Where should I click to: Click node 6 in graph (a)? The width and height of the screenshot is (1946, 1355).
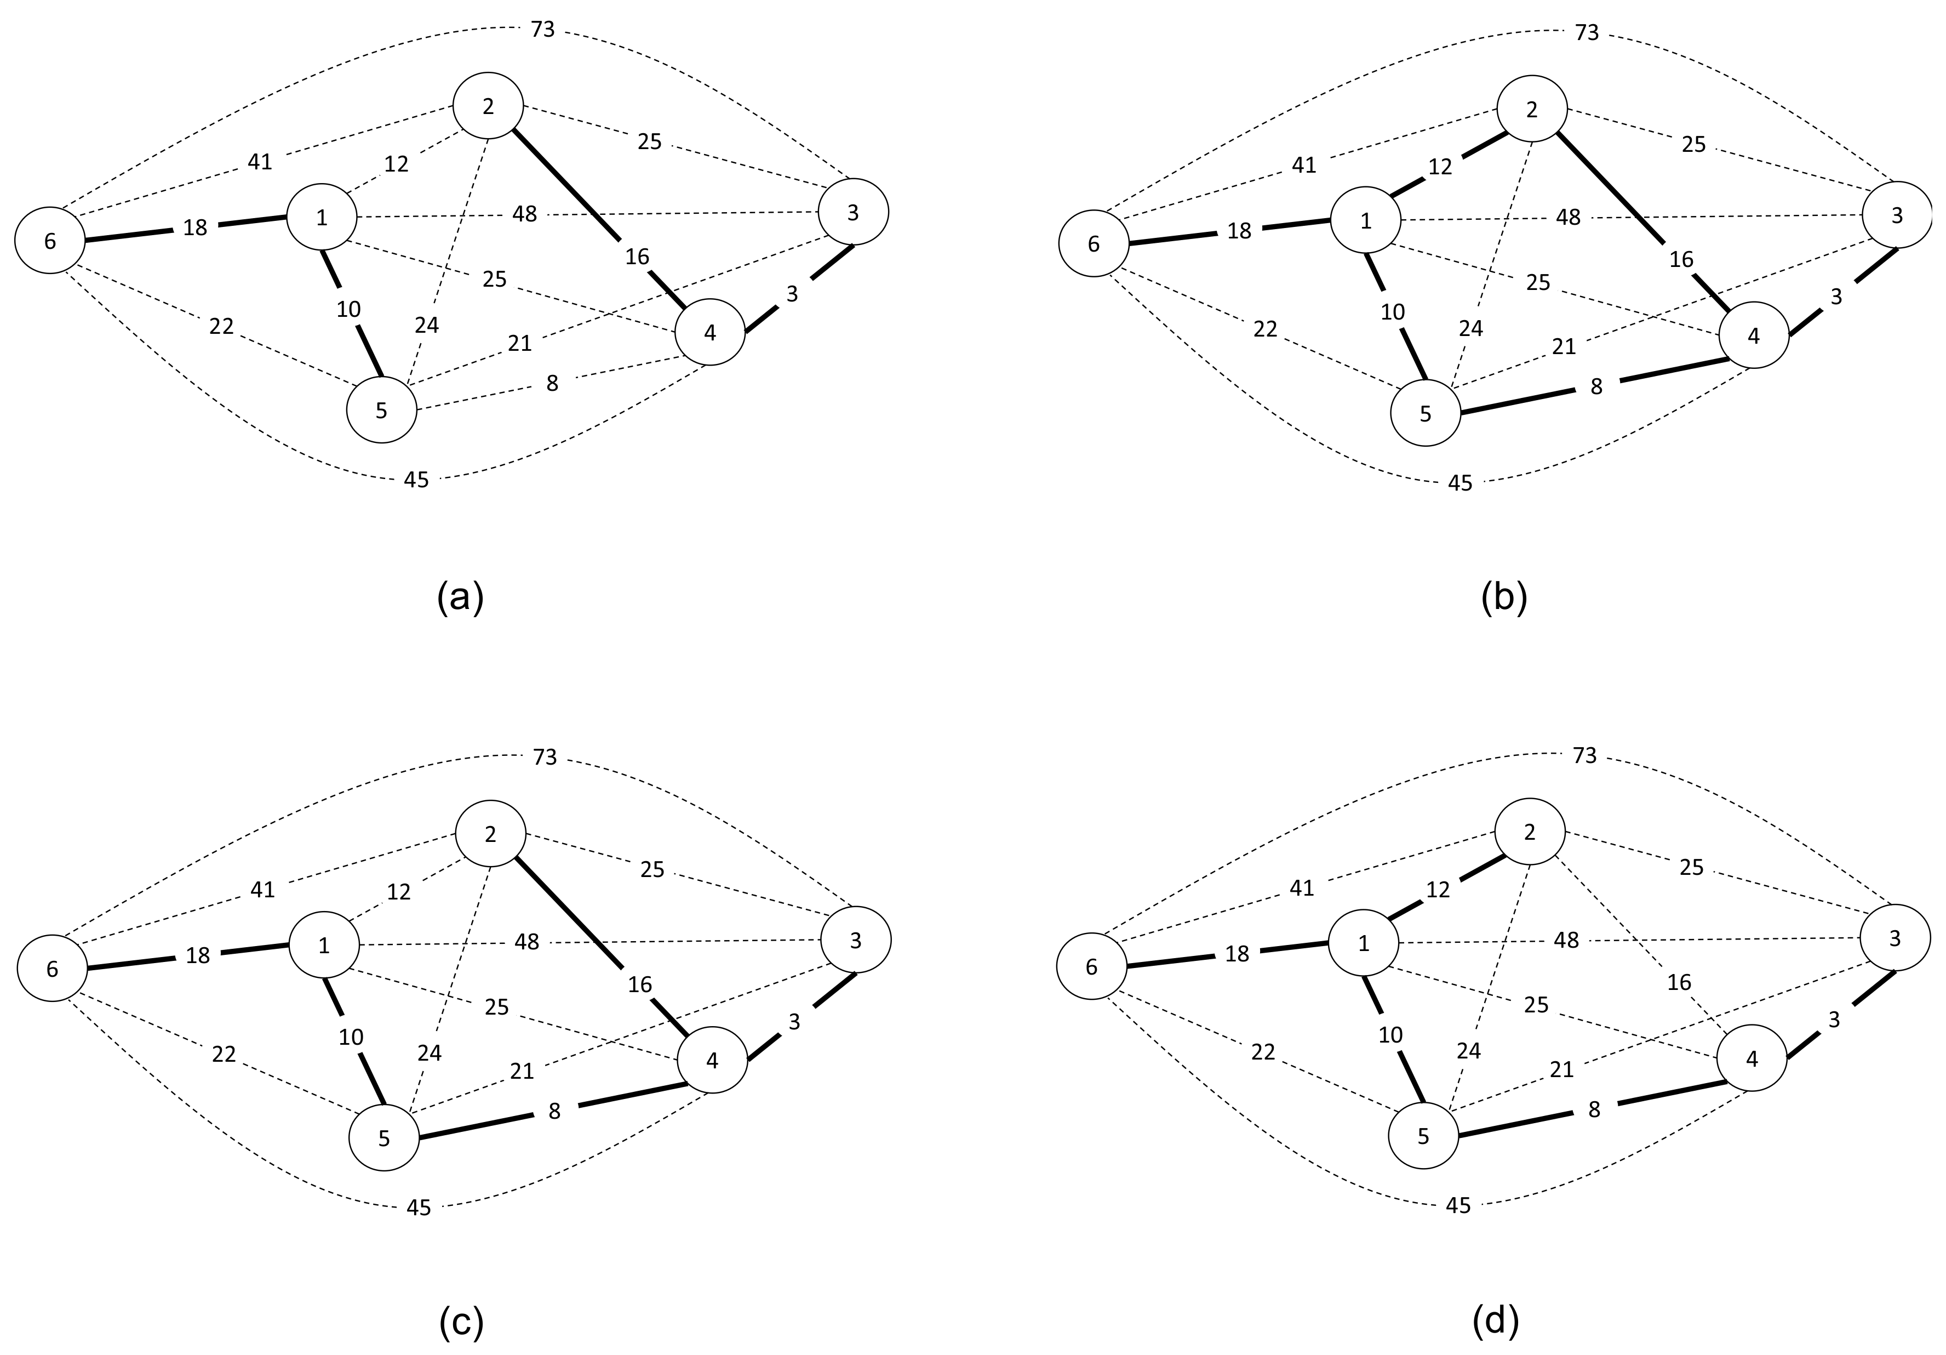(50, 241)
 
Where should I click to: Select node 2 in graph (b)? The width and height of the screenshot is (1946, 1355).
(1531, 110)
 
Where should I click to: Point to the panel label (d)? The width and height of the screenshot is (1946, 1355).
(1496, 1321)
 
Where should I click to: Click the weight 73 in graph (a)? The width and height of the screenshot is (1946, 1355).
(542, 30)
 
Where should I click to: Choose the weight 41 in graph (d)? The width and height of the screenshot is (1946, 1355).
(1302, 888)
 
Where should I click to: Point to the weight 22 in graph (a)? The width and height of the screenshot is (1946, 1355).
(221, 326)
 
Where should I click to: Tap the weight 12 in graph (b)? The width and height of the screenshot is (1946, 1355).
(1440, 167)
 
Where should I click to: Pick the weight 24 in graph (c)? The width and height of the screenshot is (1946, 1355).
(430, 1052)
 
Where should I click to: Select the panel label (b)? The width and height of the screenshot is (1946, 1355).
(1503, 598)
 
